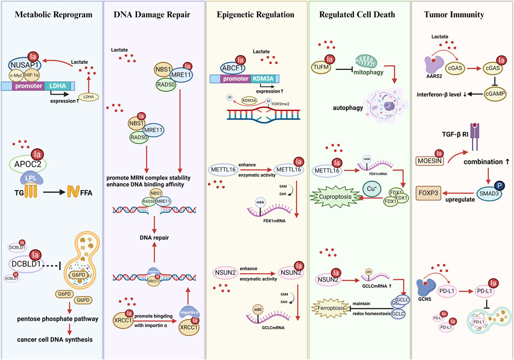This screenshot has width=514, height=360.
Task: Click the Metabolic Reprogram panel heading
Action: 53,14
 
